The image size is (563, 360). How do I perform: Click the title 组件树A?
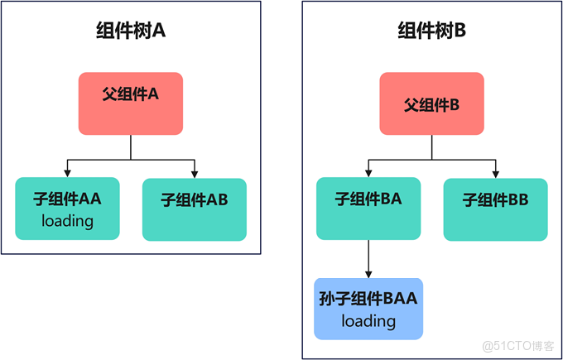click(131, 32)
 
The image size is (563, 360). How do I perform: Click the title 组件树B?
click(432, 32)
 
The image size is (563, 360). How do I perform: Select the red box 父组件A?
click(131, 103)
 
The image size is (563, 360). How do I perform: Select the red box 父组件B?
click(431, 103)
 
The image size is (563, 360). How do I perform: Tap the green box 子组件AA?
click(67, 209)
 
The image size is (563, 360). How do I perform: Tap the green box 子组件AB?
click(195, 209)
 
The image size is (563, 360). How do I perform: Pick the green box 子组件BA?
click(368, 209)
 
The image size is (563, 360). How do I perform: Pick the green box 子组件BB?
click(495, 209)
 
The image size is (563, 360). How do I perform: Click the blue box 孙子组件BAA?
click(368, 309)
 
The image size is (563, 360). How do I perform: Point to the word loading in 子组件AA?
click(67, 221)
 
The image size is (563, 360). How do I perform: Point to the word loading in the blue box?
click(368, 320)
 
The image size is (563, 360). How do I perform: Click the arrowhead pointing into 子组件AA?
click(67, 173)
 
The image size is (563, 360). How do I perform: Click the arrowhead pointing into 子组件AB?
click(195, 173)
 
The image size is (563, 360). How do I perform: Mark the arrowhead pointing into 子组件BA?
click(368, 173)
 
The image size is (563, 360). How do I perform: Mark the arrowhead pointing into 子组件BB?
click(495, 173)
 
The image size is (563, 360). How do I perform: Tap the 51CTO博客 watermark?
click(522, 346)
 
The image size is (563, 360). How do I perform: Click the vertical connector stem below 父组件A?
click(131, 146)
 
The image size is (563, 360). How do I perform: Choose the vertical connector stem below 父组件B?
click(431, 146)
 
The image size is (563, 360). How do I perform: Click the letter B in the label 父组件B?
click(454, 106)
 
